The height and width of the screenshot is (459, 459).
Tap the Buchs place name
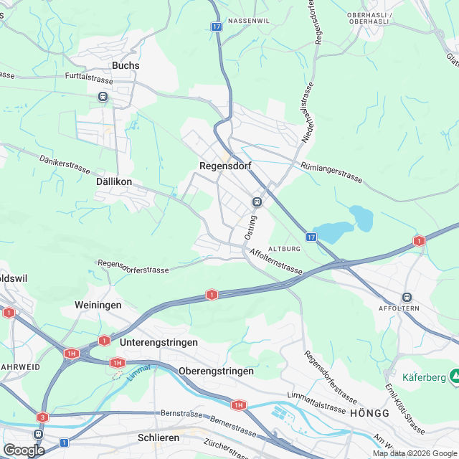[126, 65]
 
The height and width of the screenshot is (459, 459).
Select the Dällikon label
[114, 182]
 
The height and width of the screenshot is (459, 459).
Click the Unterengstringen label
[159, 343]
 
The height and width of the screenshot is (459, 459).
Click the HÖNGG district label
[369, 414]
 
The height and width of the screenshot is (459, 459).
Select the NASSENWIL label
[248, 21]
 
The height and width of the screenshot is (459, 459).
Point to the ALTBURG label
[283, 248]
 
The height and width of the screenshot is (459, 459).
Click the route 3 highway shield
[42, 417]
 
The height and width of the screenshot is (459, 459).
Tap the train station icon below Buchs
[104, 96]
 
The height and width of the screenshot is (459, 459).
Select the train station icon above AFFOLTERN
[407, 297]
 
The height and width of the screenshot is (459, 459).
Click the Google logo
[23, 450]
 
